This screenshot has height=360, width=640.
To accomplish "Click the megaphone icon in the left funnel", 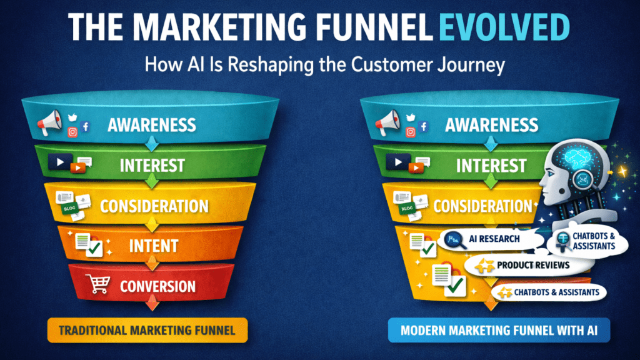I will pos(48,123).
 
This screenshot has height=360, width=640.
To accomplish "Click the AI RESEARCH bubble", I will pos(489,239).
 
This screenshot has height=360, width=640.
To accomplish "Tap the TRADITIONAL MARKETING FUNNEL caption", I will pos(147,330).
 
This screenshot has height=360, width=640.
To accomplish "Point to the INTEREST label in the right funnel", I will pos(491,166).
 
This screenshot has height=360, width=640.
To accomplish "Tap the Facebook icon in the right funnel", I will pos(423,127).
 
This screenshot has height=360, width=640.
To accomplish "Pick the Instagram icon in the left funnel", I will pos(72,132).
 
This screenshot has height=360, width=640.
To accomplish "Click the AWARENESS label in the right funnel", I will pos(491,125).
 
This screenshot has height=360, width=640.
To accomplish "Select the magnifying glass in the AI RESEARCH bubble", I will pos(456,240).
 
